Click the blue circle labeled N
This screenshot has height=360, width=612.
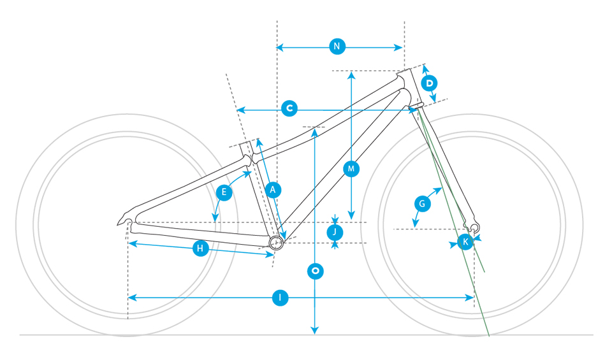click(337, 47)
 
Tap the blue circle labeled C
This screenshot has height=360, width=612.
click(289, 108)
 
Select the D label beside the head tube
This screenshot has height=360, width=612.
click(429, 83)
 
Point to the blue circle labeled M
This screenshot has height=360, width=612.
click(351, 169)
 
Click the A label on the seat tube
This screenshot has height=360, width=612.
click(273, 190)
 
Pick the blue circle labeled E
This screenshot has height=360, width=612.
click(224, 192)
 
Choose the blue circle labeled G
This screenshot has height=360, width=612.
click(422, 204)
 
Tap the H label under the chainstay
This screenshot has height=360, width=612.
click(200, 248)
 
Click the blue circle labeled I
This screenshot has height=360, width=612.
click(280, 298)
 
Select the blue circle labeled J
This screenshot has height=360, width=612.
click(335, 233)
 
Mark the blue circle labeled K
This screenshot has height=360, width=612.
click(465, 242)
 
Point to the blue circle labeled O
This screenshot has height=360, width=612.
click(315, 271)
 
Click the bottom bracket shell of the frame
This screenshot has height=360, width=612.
click(276, 243)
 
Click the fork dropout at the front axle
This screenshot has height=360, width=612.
click(474, 227)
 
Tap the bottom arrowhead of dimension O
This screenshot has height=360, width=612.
click(314, 330)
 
